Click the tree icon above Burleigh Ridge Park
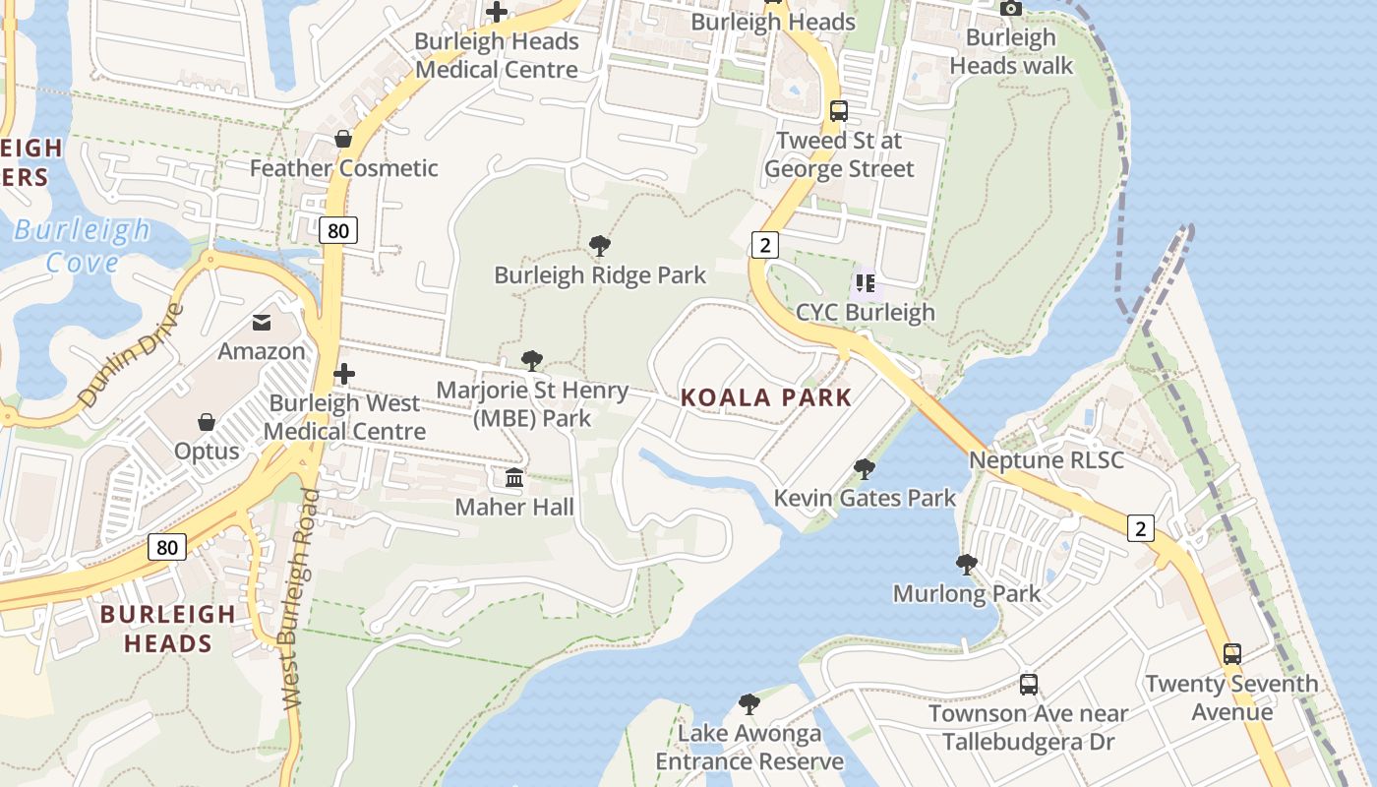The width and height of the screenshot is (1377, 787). pyautogui.click(x=599, y=245)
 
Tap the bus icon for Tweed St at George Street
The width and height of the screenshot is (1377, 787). pyautogui.click(x=839, y=111)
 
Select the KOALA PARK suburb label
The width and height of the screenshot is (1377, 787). pyautogui.click(x=766, y=397)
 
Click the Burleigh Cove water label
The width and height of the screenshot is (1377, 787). pyautogui.click(x=83, y=246)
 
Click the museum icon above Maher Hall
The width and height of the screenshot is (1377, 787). pyautogui.click(x=514, y=478)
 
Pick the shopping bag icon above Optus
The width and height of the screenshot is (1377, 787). pyautogui.click(x=207, y=422)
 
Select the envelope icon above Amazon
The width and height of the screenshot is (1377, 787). pyautogui.click(x=262, y=322)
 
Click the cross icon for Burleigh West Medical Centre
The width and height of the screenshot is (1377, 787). pyautogui.click(x=344, y=374)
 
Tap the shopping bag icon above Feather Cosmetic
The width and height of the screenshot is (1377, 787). pyautogui.click(x=343, y=139)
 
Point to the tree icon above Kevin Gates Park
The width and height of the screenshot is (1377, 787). pyautogui.click(x=865, y=468)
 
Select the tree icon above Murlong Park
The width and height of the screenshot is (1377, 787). pyautogui.click(x=967, y=564)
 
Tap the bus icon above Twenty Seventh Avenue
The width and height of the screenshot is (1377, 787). pyautogui.click(x=1231, y=653)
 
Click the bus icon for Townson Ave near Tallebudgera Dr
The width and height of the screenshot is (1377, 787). pyautogui.click(x=1029, y=684)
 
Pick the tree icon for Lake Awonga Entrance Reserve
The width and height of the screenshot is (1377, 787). pyautogui.click(x=749, y=703)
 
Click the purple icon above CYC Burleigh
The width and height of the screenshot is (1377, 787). pyautogui.click(x=866, y=283)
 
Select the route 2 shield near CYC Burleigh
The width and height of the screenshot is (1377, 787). pyautogui.click(x=763, y=243)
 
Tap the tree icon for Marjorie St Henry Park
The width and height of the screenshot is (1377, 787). pyautogui.click(x=532, y=361)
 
